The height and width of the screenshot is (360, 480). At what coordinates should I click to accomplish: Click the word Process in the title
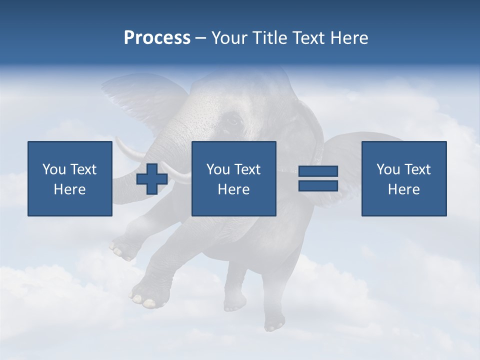[157, 37]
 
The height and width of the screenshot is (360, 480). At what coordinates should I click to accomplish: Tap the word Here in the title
[348, 37]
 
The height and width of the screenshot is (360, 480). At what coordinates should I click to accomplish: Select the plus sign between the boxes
[152, 179]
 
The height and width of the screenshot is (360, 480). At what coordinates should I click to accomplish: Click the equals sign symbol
[318, 178]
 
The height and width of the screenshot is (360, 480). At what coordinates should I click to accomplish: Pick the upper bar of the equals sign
[318, 171]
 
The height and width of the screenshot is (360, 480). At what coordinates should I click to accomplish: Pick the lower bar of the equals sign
[318, 185]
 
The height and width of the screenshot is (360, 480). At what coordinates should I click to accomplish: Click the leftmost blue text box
[69, 178]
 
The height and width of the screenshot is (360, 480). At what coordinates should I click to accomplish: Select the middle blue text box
[233, 178]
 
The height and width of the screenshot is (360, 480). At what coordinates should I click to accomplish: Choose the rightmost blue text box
[403, 178]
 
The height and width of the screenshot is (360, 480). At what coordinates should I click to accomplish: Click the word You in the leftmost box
[54, 169]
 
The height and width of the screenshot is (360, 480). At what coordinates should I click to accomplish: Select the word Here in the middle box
[233, 189]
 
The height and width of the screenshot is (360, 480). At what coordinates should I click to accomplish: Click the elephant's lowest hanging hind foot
[274, 322]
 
